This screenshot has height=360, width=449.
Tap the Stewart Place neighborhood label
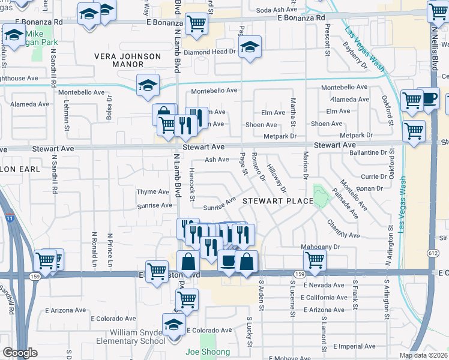pos(278,202)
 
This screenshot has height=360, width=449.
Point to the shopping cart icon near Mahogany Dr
pos(315,260)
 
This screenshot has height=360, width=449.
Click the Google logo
pos(20,353)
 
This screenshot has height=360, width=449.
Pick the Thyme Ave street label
pos(153,192)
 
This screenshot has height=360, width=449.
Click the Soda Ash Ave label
pos(277,10)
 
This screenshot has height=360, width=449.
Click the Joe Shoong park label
pos(208,352)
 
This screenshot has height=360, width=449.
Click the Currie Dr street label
pos(374,176)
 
